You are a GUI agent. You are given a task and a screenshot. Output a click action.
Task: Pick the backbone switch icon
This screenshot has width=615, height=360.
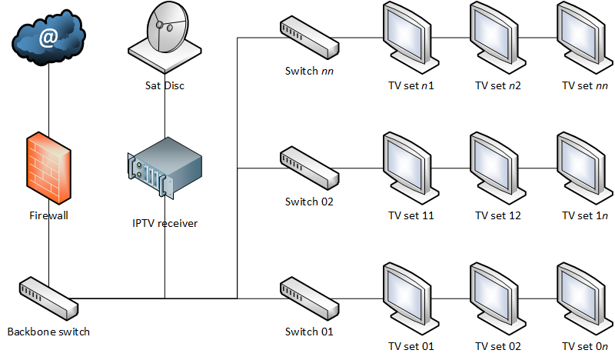click(48, 298)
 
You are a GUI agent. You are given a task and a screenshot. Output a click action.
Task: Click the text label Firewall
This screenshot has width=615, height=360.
click(48, 215)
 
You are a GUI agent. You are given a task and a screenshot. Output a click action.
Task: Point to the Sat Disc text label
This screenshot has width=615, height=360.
click(165, 85)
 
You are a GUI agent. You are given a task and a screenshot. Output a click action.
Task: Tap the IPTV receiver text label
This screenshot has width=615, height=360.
click(165, 224)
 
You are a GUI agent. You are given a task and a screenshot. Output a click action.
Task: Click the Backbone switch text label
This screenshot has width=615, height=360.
click(48, 332)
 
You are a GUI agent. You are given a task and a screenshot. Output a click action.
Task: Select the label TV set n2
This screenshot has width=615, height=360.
click(498, 85)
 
